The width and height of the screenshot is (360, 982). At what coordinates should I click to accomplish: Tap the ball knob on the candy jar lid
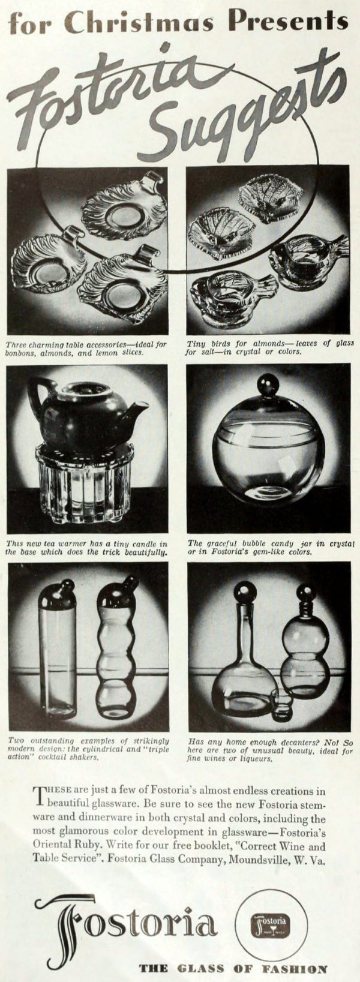(266, 384)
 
